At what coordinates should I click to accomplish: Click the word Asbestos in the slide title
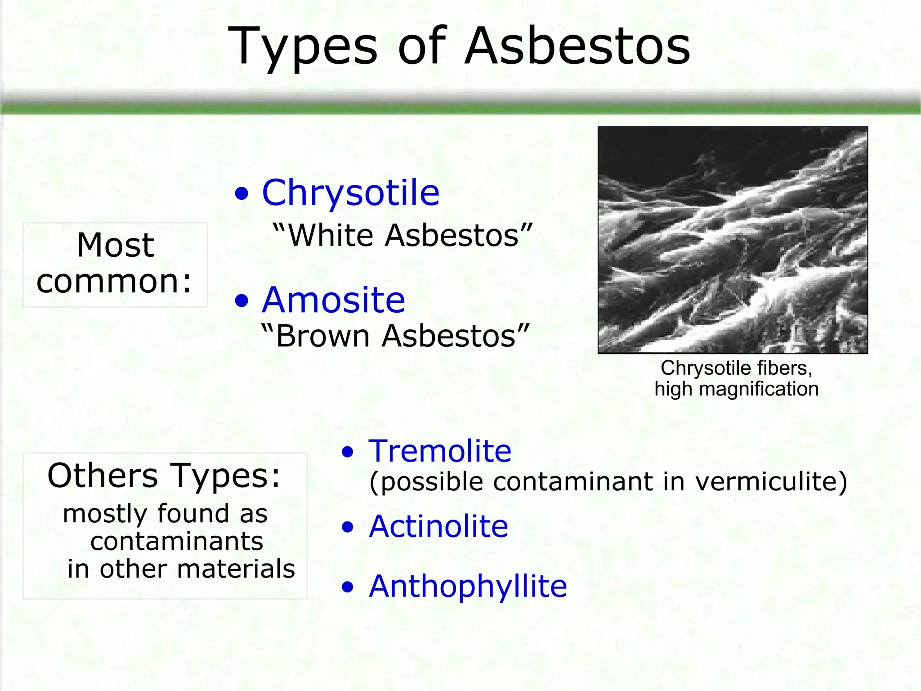click(x=577, y=46)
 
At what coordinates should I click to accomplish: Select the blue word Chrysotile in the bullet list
click(x=351, y=193)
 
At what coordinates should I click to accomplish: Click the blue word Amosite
click(x=333, y=301)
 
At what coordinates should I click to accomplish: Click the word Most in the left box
click(x=115, y=246)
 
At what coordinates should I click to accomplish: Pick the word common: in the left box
click(x=114, y=282)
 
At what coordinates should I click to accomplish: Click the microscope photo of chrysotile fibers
click(x=733, y=240)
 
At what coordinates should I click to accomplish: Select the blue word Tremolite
click(x=440, y=451)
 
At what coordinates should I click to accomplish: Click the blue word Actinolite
click(x=438, y=526)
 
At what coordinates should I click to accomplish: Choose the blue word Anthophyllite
click(x=468, y=587)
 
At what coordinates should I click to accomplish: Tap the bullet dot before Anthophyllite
click(x=348, y=588)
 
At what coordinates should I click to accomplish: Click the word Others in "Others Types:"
click(x=103, y=476)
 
